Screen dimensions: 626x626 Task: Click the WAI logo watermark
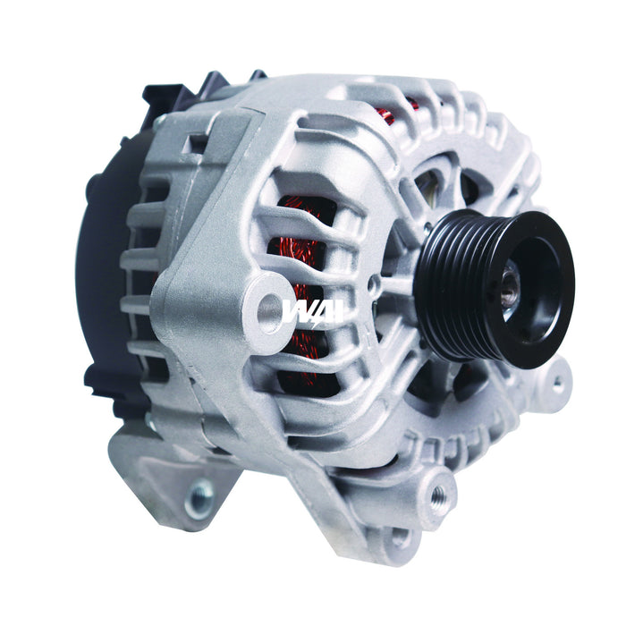tap(313, 309)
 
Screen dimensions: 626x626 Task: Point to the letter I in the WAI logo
tap(338, 309)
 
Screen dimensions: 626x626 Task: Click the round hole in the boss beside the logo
tap(269, 312)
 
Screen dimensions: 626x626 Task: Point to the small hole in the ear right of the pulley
tap(557, 384)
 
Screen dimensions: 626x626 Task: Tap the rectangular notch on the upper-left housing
tap(192, 142)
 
